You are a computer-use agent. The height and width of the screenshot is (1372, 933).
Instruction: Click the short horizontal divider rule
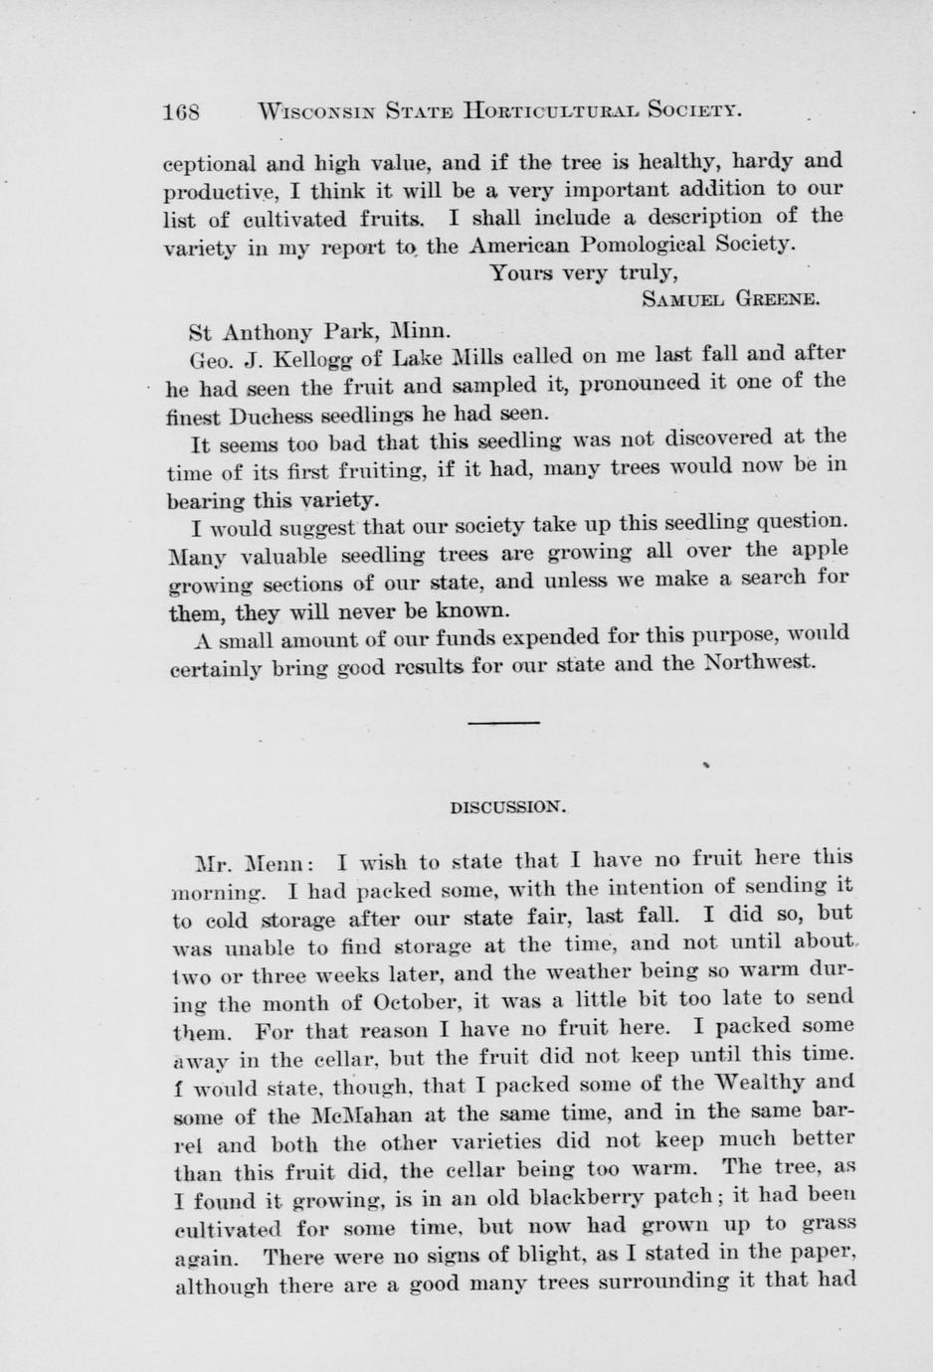(503, 722)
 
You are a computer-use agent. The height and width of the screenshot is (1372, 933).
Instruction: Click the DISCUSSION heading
(508, 807)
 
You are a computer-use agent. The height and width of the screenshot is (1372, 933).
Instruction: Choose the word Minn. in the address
(421, 328)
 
